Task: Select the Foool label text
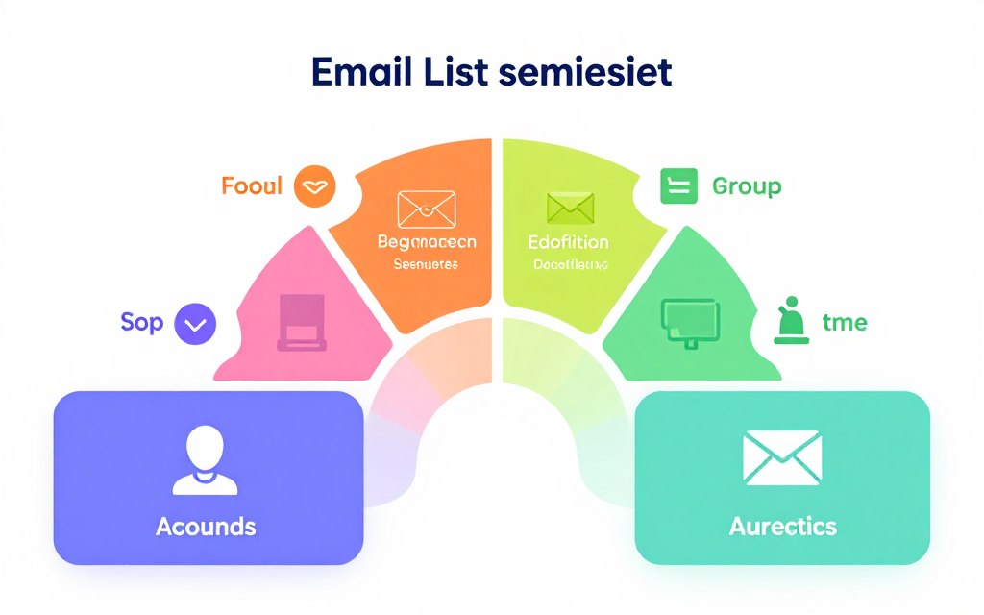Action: [x=252, y=184]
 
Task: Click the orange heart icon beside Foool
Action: [x=315, y=185]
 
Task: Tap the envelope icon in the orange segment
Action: [x=427, y=208]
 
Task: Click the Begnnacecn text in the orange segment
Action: [x=427, y=242]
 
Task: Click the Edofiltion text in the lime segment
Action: [x=569, y=242]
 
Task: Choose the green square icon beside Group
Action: [x=677, y=185]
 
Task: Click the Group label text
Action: [x=747, y=185]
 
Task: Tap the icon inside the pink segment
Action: [x=304, y=320]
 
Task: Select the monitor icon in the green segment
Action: [x=689, y=320]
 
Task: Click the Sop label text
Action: [x=142, y=323]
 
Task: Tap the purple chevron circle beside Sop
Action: [x=195, y=324]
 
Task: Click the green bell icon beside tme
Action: [x=790, y=321]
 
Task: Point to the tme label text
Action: [x=845, y=323]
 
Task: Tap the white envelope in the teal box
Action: [x=782, y=457]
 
